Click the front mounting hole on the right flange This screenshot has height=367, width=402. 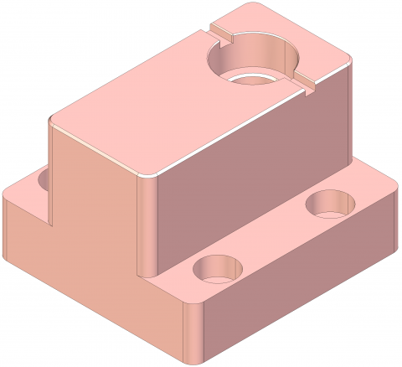pyautogui.click(x=219, y=268)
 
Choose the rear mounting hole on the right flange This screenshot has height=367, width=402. pyautogui.click(x=332, y=202)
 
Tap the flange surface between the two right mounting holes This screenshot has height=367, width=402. pyautogui.click(x=276, y=239)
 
